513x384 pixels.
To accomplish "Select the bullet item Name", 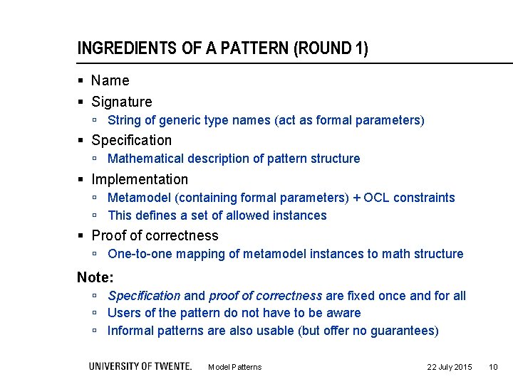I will [x=110, y=80].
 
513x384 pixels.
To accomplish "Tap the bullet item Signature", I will [x=121, y=102].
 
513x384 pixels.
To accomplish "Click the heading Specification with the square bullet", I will [x=131, y=140].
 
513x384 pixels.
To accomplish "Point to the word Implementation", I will [x=140, y=179].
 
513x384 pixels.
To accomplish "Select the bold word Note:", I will [x=95, y=277].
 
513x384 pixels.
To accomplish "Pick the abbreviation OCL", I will [x=377, y=198].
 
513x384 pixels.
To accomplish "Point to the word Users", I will [x=123, y=313].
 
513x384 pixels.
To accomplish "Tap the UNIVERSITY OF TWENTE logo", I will [x=140, y=366].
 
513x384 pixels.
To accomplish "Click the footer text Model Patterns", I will [x=234, y=367].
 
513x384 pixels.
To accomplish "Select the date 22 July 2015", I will [x=449, y=367].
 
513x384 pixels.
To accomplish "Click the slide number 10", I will [x=493, y=367].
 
